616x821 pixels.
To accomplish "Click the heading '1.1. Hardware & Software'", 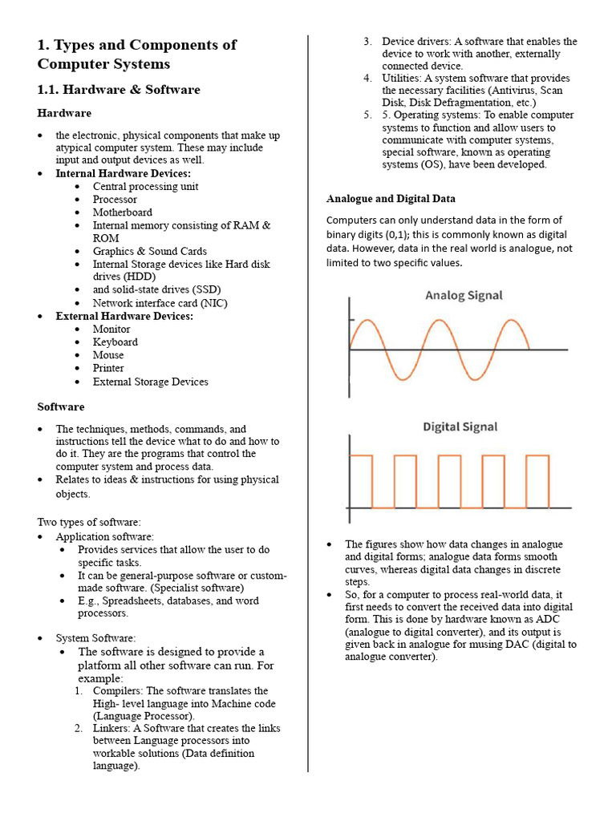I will pyautogui.click(x=119, y=89).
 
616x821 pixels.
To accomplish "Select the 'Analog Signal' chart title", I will pyautogui.click(x=464, y=295).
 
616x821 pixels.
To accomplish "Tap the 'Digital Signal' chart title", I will pyautogui.click(x=460, y=427).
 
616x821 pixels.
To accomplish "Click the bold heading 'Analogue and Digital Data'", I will pyautogui.click(x=391, y=198).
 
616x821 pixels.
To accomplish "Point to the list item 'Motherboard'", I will pyautogui.click(x=122, y=212).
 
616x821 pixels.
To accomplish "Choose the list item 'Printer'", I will pyautogui.click(x=108, y=368).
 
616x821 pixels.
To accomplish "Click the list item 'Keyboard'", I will pyautogui.click(x=115, y=342).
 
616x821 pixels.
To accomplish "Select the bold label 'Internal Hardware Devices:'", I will pyautogui.click(x=123, y=173).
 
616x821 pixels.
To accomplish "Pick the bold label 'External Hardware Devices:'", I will pyautogui.click(x=124, y=316).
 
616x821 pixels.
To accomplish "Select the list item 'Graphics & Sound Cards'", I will pyautogui.click(x=149, y=251).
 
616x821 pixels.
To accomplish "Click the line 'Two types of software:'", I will pyautogui.click(x=89, y=522).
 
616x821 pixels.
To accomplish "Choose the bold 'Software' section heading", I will pyautogui.click(x=61, y=406).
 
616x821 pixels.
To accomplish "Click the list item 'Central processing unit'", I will pyautogui.click(x=145, y=186).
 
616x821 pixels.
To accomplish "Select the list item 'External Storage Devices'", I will pyautogui.click(x=150, y=382).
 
